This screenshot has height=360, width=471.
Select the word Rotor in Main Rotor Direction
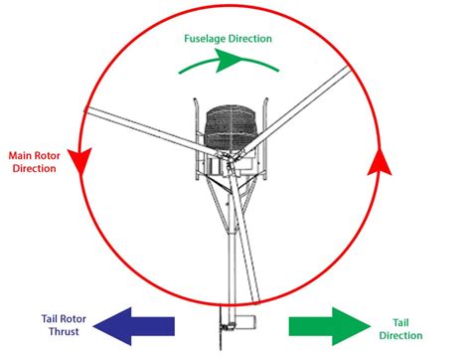click(54, 155)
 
